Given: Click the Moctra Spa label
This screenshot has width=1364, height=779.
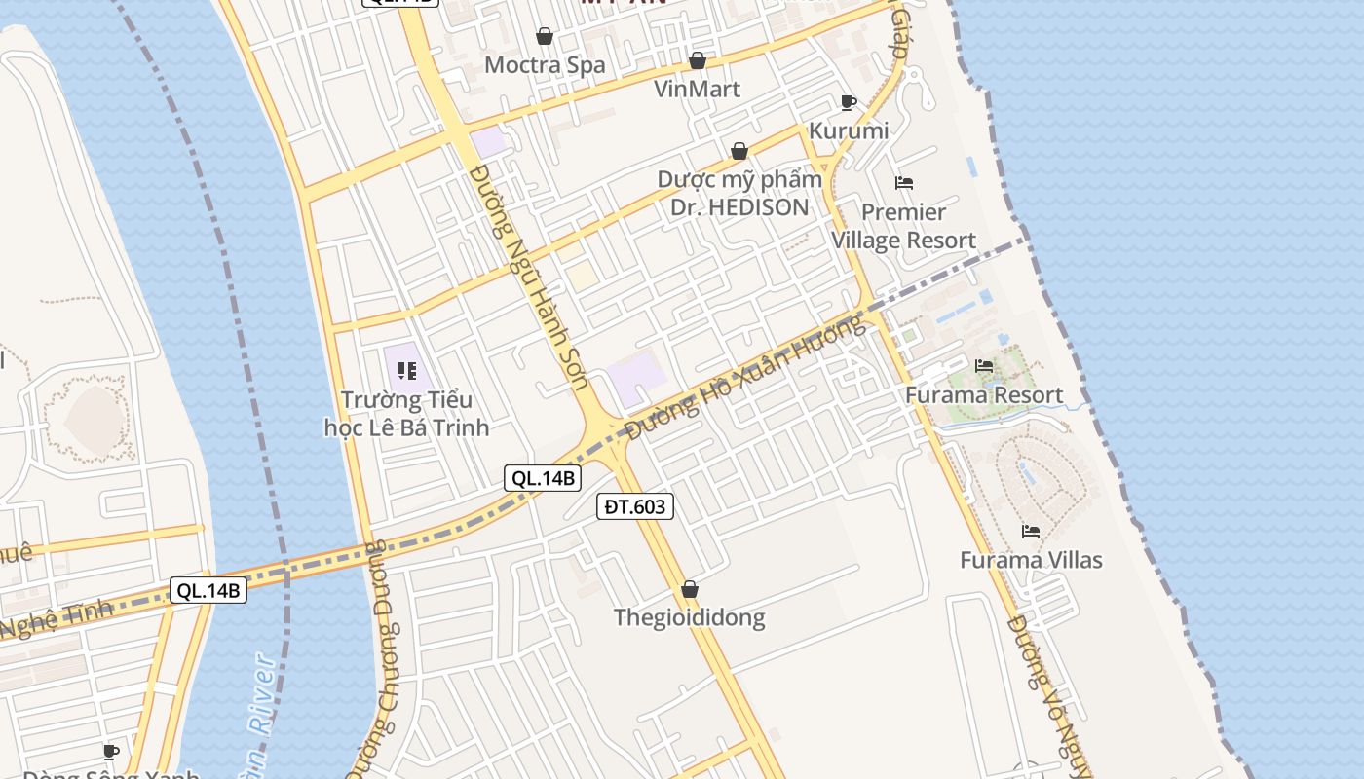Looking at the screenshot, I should (545, 65).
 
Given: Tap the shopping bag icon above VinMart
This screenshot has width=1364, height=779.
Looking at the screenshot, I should (698, 60).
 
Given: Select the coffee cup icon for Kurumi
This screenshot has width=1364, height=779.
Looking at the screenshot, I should (849, 102).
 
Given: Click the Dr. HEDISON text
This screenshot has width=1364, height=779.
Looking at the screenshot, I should (739, 206).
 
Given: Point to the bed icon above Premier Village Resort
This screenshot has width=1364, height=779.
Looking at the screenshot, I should (904, 182).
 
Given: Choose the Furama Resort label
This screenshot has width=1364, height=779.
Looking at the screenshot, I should (984, 394).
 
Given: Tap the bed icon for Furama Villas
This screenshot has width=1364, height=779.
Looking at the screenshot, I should (1031, 531).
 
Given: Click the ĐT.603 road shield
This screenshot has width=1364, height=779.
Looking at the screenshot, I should (635, 506).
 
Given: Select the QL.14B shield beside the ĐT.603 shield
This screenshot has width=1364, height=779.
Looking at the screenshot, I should (544, 478).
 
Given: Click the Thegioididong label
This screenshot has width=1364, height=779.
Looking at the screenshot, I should (689, 617).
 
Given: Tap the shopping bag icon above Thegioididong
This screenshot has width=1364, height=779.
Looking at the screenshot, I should (690, 589).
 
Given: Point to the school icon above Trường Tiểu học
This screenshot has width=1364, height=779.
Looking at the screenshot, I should (407, 370).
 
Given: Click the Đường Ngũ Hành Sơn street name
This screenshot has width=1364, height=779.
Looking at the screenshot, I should (530, 278).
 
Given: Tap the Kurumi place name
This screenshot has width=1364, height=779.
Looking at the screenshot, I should (849, 130).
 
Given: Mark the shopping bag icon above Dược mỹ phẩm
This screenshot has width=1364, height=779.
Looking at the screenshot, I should (739, 151).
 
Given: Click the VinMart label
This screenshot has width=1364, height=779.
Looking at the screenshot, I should (698, 89).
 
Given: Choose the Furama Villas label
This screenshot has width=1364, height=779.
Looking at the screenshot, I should (1031, 560).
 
